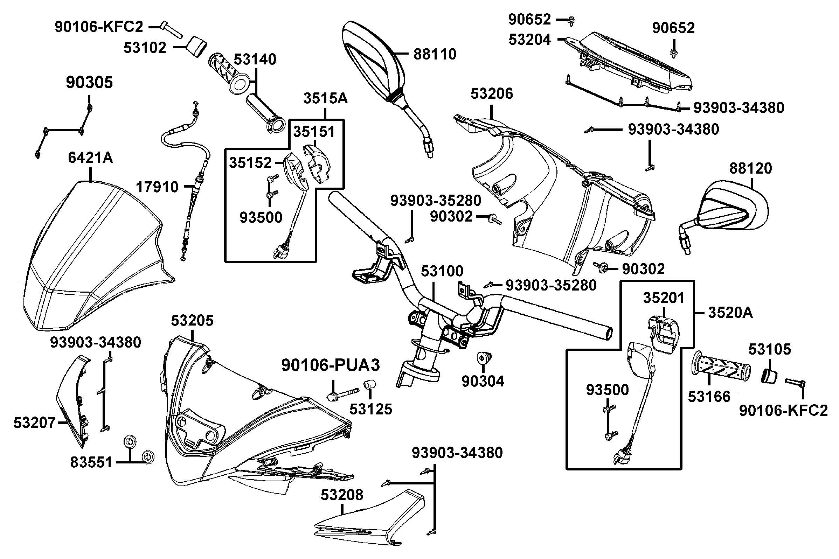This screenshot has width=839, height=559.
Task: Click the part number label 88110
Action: tap(435, 54)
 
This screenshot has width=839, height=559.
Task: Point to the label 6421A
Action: tap(90, 157)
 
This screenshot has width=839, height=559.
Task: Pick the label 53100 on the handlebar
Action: tap(442, 271)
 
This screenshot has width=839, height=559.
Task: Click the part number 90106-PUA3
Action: tap(331, 365)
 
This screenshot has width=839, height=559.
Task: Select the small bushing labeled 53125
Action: tap(370, 385)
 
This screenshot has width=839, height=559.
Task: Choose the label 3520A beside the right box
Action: tap(730, 313)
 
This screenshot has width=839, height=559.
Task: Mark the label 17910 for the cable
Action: tap(157, 187)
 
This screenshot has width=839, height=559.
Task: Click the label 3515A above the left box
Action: tap(325, 98)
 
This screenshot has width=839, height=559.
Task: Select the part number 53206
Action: tap(492, 94)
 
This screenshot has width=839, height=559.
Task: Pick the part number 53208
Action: tap(342, 495)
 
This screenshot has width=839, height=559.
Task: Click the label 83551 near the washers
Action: tap(91, 462)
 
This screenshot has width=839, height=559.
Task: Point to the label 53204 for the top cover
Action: tap(529, 40)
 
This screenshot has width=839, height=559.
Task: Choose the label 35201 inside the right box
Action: tap(664, 298)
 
